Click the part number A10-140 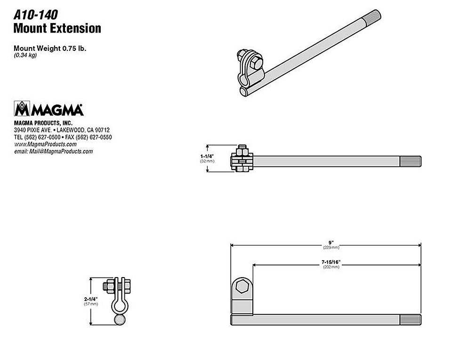(x=35, y=15)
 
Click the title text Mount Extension (x=57, y=28)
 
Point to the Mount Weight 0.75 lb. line (x=50, y=48)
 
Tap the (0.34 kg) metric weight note (x=25, y=55)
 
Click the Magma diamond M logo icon (x=22, y=108)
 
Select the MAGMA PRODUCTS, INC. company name (x=43, y=123)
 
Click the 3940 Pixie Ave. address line (x=62, y=130)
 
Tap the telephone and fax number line (x=63, y=137)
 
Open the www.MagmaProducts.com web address (x=45, y=144)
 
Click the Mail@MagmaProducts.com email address (x=54, y=151)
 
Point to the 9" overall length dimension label (x=331, y=243)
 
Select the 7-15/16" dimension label (x=331, y=262)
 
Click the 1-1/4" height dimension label (x=207, y=156)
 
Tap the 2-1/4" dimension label (x=91, y=299)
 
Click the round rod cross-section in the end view (x=120, y=320)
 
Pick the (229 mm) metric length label (x=331, y=247)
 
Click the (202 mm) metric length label (x=331, y=267)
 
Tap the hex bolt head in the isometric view (x=256, y=63)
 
